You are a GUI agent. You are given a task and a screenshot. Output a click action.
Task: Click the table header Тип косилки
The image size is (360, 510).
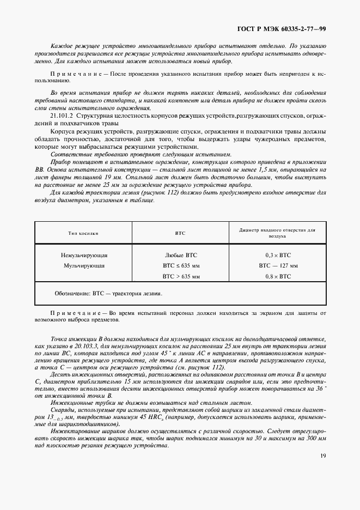point(83,233)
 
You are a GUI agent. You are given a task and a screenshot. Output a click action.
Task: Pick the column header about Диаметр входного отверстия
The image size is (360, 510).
point(278,233)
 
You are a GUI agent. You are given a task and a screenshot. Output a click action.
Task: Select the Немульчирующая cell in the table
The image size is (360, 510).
point(84,255)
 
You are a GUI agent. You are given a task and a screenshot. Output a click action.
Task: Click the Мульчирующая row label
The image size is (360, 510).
point(84,266)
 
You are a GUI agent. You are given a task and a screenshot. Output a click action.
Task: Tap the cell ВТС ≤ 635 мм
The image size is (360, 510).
point(181,266)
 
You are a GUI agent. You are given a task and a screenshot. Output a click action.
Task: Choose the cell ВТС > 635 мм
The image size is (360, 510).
point(181,277)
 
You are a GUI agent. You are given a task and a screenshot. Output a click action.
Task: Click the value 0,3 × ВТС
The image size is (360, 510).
point(278,255)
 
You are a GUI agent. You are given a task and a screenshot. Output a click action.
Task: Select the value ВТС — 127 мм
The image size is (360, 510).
point(278,266)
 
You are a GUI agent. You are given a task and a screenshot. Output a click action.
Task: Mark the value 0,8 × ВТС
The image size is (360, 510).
point(278,277)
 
